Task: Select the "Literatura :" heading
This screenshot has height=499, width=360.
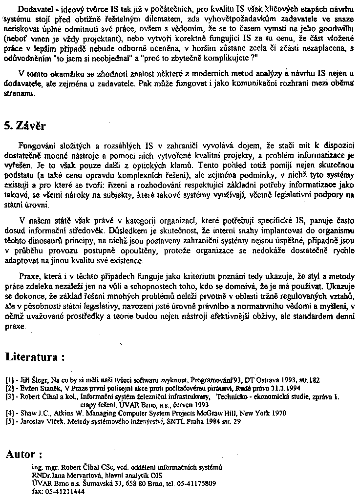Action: point(35,357)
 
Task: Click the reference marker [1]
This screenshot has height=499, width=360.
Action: point(9,379)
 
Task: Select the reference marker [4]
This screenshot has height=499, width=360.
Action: point(9,412)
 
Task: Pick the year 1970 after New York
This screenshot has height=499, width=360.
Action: point(277,412)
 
